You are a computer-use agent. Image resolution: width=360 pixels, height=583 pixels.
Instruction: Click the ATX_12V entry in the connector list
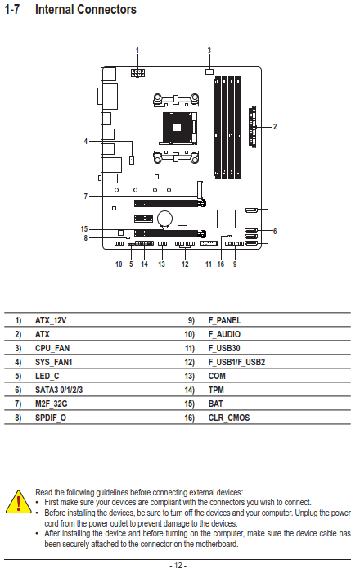tap(51, 320)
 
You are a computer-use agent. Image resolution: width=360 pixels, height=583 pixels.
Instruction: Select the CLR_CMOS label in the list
tap(229, 418)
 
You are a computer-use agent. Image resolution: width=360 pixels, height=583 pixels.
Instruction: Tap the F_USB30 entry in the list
tap(224, 348)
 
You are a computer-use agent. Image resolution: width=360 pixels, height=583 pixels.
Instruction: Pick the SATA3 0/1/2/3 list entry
tap(59, 390)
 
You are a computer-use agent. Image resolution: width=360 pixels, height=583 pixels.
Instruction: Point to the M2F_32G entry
tap(52, 404)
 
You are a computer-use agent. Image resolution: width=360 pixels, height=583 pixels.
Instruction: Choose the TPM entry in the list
tap(216, 390)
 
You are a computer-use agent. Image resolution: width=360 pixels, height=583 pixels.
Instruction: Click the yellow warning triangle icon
tap(19, 502)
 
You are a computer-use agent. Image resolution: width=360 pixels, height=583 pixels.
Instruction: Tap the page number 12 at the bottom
tap(178, 566)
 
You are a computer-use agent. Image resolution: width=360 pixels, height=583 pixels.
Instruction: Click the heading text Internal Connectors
tap(86, 9)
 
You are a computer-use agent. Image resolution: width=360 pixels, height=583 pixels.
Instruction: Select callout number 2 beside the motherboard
tap(275, 127)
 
